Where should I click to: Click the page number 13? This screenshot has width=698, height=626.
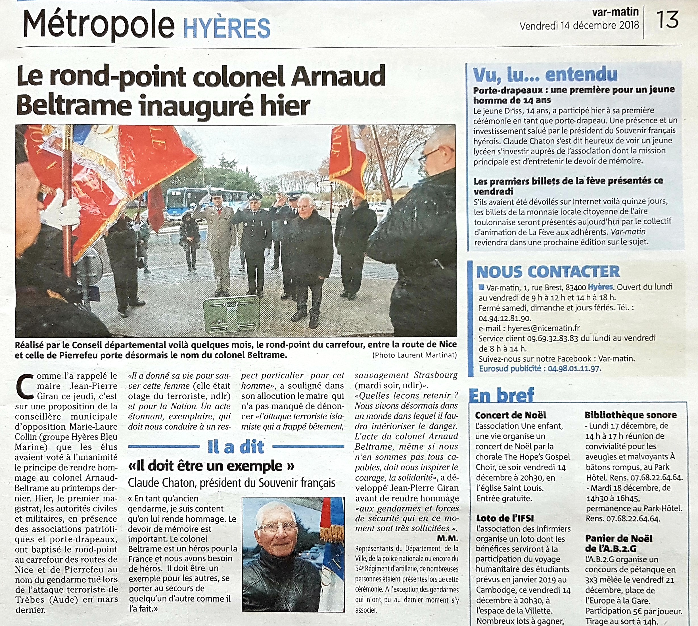(x=667, y=20)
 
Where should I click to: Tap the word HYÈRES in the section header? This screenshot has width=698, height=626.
(x=227, y=28)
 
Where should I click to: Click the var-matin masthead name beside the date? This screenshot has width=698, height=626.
(x=615, y=13)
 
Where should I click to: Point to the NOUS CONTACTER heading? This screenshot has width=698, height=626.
(x=548, y=272)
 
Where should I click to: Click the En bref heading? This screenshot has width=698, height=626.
(x=502, y=395)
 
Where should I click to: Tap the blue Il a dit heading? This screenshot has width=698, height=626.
(x=236, y=447)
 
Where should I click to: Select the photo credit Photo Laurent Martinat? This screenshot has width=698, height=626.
(x=414, y=355)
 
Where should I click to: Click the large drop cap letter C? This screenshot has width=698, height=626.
(x=25, y=387)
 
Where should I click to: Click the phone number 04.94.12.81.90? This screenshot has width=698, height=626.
(x=505, y=318)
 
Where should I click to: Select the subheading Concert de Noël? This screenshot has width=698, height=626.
(x=511, y=415)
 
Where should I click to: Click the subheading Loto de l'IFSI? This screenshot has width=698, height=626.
(x=505, y=518)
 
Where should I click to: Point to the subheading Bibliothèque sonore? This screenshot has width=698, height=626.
(x=630, y=415)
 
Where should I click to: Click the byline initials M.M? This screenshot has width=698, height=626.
(x=448, y=538)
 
